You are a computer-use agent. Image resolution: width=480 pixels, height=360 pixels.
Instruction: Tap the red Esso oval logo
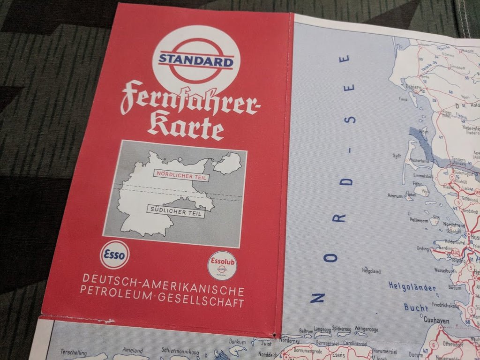(x=114, y=255)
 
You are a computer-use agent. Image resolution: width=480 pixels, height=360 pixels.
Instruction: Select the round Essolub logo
(x=222, y=265)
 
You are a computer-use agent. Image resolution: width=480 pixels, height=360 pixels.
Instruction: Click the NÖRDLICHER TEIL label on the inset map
(x=180, y=175)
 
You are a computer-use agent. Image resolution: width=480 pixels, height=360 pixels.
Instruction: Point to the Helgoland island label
(x=371, y=271)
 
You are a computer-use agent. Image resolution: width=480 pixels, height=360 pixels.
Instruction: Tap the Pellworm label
(x=407, y=219)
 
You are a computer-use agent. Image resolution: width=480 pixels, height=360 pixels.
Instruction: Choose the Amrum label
(x=395, y=195)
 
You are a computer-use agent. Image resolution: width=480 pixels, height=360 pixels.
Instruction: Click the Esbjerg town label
(x=413, y=87)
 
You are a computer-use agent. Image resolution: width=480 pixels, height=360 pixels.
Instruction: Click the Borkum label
(x=237, y=341)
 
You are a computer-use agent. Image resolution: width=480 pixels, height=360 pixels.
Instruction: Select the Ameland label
(x=132, y=350)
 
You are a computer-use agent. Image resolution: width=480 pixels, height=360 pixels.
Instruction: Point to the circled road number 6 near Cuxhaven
(x=434, y=345)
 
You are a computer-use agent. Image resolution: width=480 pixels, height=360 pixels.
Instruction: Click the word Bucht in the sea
(x=416, y=307)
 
